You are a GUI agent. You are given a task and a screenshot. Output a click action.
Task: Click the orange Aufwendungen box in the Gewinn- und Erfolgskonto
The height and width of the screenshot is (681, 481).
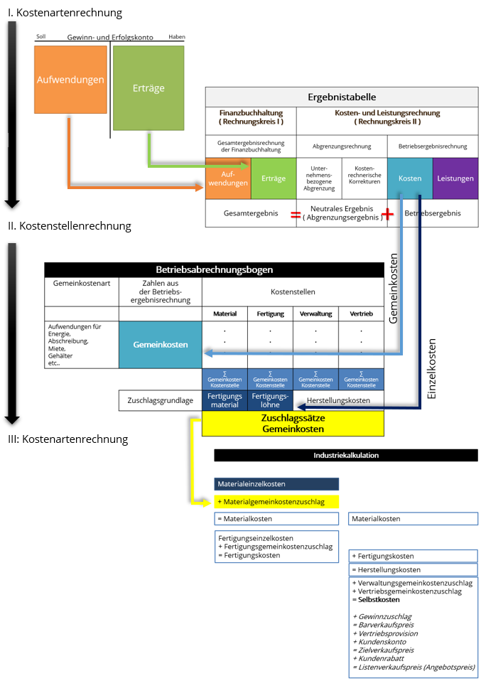click(x=70, y=80)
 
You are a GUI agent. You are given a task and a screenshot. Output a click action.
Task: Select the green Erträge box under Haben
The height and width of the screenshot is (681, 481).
click(x=148, y=88)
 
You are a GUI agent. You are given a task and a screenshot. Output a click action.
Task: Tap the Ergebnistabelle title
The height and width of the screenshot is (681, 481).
click(x=342, y=97)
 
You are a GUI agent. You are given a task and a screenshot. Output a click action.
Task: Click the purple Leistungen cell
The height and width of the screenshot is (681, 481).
click(x=455, y=178)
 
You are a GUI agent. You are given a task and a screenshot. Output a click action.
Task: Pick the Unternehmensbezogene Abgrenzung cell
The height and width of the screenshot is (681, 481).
click(x=319, y=178)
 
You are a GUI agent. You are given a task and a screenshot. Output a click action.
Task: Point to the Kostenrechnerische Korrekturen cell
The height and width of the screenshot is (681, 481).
click(x=364, y=178)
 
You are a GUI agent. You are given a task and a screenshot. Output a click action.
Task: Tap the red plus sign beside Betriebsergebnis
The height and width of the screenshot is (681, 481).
click(x=387, y=213)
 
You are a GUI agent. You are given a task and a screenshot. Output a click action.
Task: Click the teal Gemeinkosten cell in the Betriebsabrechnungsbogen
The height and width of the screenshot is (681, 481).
click(x=161, y=344)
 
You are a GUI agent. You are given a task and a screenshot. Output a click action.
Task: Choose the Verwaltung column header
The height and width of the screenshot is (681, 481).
click(x=315, y=313)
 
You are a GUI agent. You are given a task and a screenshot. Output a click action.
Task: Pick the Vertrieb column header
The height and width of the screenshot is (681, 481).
click(x=361, y=313)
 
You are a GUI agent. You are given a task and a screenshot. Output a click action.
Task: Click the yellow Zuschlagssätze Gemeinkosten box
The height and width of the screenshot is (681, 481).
click(x=293, y=423)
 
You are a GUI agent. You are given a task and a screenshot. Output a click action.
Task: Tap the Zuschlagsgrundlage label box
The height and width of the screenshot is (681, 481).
click(x=160, y=400)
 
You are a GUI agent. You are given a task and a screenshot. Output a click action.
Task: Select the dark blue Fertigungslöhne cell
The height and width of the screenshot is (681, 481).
click(x=270, y=400)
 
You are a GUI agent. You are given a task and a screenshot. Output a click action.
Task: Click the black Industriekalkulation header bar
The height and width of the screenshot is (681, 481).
click(x=346, y=455)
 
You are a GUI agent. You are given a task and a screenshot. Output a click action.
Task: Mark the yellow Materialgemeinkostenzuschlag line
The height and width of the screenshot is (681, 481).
click(x=276, y=501)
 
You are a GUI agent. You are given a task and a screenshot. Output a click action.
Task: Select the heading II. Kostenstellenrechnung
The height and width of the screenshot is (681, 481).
click(x=70, y=226)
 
